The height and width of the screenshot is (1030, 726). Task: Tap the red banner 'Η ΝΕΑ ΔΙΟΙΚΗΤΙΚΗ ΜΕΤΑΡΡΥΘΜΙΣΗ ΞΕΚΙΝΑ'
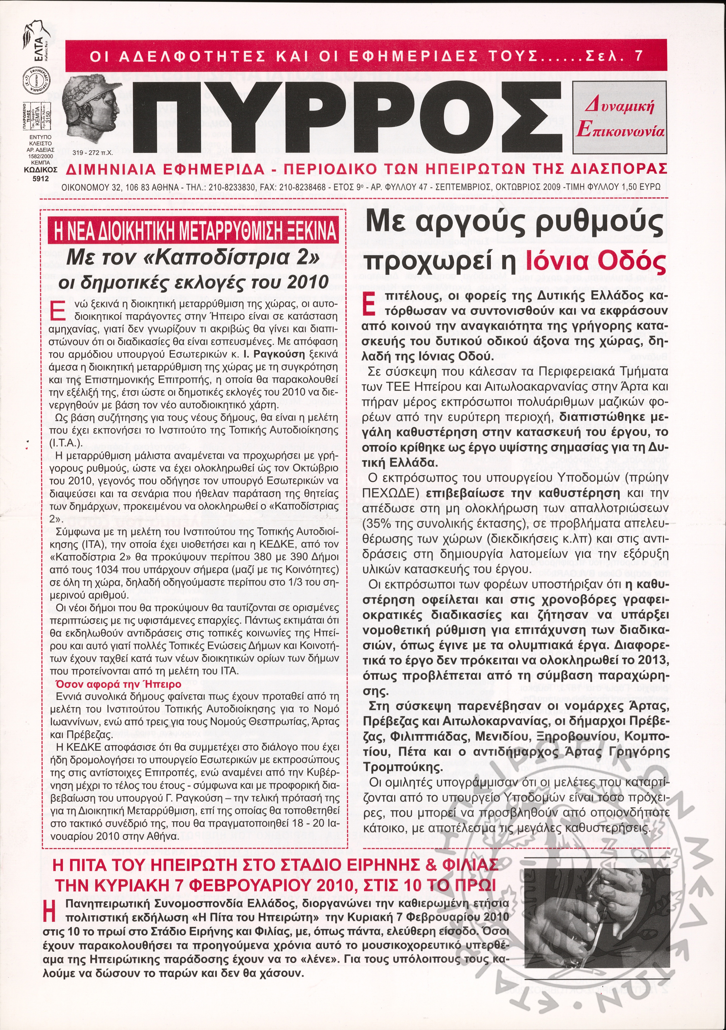pos(194,230)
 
